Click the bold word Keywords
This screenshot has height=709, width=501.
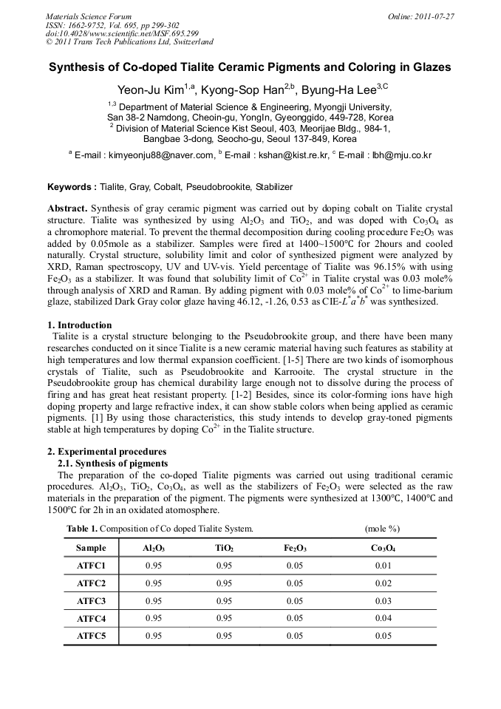tap(71, 187)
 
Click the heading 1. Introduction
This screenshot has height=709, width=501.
tap(80, 325)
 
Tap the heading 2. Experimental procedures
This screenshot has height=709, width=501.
tap(106, 452)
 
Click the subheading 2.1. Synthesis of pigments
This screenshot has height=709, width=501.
tap(112, 463)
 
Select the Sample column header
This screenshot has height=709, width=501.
tap(92, 549)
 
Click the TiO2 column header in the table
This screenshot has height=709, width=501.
tap(224, 549)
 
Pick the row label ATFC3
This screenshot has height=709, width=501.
tap(92, 600)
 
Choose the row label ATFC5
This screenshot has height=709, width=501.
tap(92, 635)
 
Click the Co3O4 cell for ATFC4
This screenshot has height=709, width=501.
tap(383, 618)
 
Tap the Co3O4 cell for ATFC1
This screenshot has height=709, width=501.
tap(383, 566)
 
